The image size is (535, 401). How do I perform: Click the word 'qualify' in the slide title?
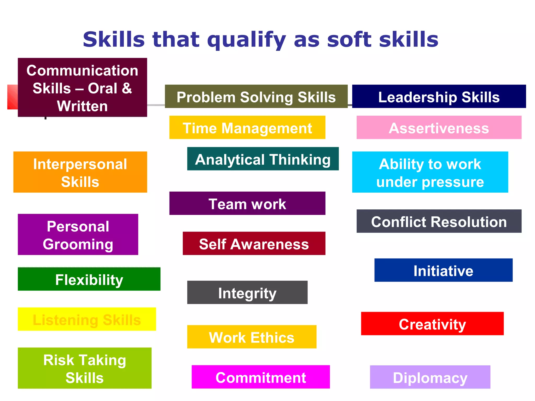[247, 40]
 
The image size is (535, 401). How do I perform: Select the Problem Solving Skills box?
[256, 97]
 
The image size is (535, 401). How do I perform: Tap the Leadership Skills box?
[439, 97]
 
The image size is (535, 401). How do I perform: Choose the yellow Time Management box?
[247, 128]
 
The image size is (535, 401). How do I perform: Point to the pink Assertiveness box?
[439, 128]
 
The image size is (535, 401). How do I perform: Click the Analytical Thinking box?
[263, 159]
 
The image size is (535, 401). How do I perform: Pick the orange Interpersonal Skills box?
[80, 172]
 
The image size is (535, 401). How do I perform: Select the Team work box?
[247, 203]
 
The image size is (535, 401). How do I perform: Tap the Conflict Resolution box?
[439, 221]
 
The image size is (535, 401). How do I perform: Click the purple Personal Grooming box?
[78, 235]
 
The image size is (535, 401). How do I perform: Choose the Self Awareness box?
[254, 244]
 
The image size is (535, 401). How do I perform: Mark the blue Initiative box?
[443, 270]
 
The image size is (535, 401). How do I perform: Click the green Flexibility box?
[89, 279]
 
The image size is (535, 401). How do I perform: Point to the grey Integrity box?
[247, 292]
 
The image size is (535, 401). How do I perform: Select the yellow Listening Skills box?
[87, 319]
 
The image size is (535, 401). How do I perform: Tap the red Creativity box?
[432, 324]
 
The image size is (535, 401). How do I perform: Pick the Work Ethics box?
[252, 337]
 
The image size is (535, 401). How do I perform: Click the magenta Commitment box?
[260, 377]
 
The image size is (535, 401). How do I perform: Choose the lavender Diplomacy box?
[430, 377]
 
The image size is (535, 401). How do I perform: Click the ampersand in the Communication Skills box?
[127, 88]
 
